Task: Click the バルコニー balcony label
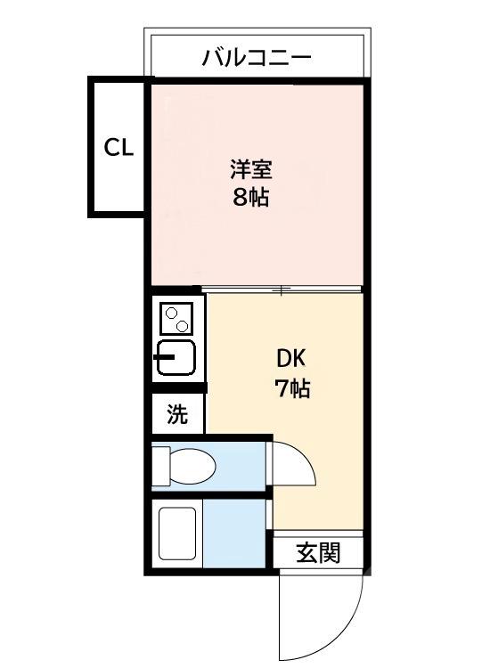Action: point(257,59)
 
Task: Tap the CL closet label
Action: point(118,148)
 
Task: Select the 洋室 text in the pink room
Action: point(250,168)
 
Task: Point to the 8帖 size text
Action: point(250,198)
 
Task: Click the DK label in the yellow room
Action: point(291,358)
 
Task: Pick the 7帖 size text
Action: point(291,388)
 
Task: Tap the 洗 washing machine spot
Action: point(178,414)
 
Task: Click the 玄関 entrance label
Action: point(317,553)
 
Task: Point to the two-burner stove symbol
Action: point(177,317)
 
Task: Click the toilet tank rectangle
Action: point(160,463)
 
